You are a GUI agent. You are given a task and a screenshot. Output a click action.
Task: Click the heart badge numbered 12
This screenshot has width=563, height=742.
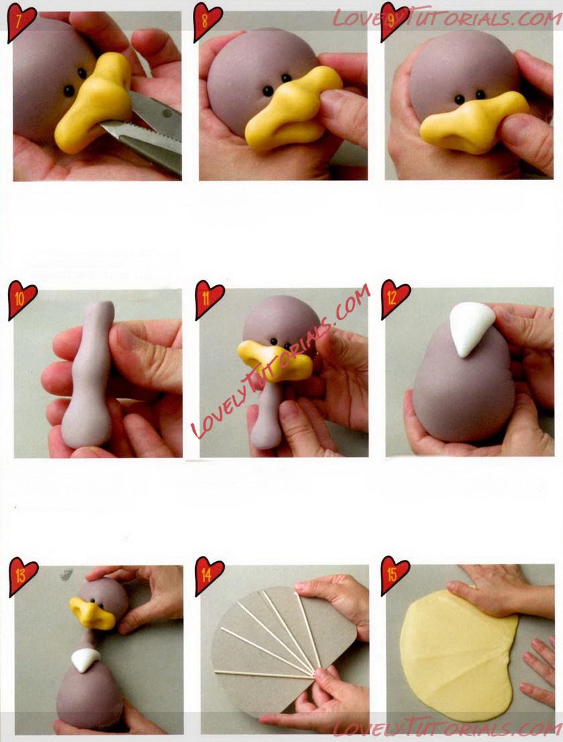click(395, 298)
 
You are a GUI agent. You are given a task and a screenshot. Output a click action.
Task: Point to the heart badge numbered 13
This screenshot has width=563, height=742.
click(23, 576)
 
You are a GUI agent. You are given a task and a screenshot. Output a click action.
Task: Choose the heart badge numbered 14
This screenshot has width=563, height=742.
click(209, 575)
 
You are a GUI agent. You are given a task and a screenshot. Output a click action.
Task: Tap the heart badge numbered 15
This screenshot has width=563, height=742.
click(395, 575)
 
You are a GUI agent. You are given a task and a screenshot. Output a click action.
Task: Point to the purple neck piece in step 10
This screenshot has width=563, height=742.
click(89, 374)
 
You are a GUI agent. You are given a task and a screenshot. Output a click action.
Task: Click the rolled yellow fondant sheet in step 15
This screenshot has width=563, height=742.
click(457, 653)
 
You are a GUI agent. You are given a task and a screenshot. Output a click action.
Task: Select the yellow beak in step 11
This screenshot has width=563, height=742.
click(275, 360)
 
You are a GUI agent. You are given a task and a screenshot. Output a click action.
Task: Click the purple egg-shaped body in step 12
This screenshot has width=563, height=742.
click(462, 383)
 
